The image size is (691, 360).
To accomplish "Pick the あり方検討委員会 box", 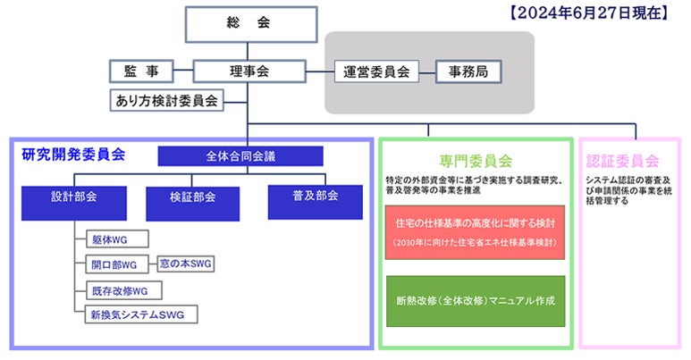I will [167, 100].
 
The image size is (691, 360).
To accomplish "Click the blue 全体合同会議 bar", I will [240, 155].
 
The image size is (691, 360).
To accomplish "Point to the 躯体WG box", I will [119, 239].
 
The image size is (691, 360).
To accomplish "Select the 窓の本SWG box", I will [187, 264].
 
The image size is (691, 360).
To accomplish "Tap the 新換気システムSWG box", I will [138, 314].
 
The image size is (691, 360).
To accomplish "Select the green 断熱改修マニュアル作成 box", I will [475, 299].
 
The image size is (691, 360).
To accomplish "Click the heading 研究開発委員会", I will [73, 155].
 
